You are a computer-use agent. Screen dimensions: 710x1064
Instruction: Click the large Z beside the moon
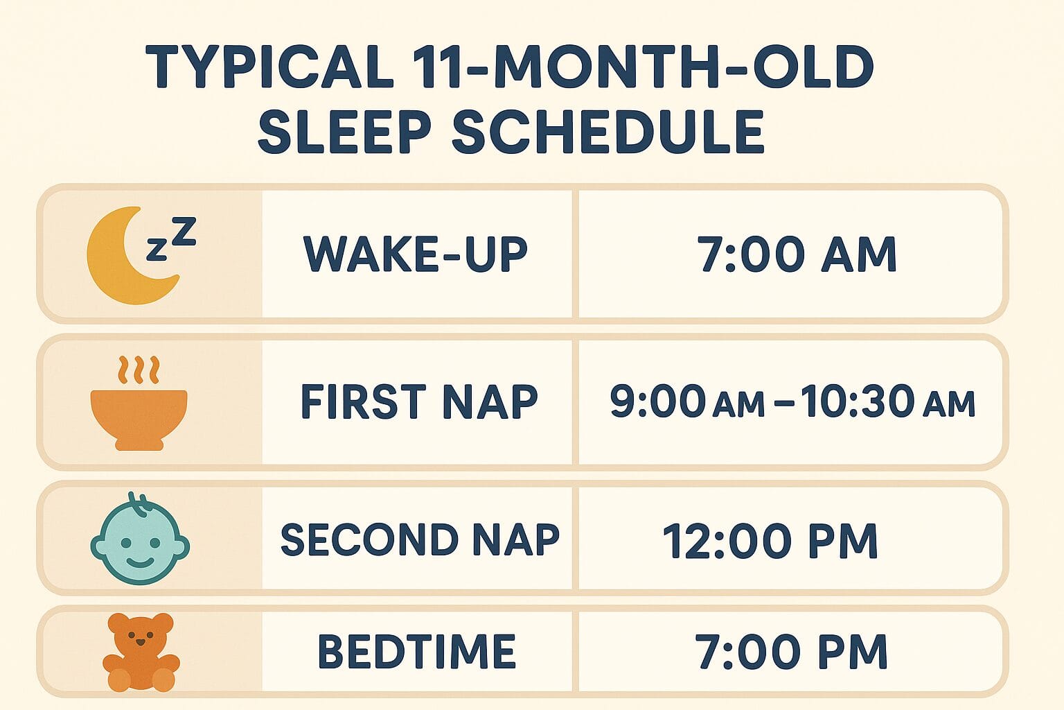pos(184,232)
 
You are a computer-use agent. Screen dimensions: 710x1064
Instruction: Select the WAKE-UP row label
pos(416,254)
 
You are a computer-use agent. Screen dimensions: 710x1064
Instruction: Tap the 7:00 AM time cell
pos(797,254)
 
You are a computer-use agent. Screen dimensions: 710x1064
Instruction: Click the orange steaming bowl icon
pos(139,416)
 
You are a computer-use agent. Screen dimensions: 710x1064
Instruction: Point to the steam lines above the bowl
pos(139,370)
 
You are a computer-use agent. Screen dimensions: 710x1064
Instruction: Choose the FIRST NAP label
pos(419,402)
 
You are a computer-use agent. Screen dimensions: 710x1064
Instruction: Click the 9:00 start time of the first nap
pos(658,402)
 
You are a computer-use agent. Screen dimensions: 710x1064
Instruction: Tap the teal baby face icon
pos(140,539)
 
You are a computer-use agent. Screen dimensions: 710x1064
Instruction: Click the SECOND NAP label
pos(420,539)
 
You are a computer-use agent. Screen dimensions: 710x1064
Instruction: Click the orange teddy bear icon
pos(141,652)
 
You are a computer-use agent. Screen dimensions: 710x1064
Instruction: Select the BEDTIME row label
pos(416,652)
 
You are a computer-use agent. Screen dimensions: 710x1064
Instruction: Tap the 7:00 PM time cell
pos(791,652)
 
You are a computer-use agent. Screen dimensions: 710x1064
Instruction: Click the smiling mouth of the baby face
pos(141,561)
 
